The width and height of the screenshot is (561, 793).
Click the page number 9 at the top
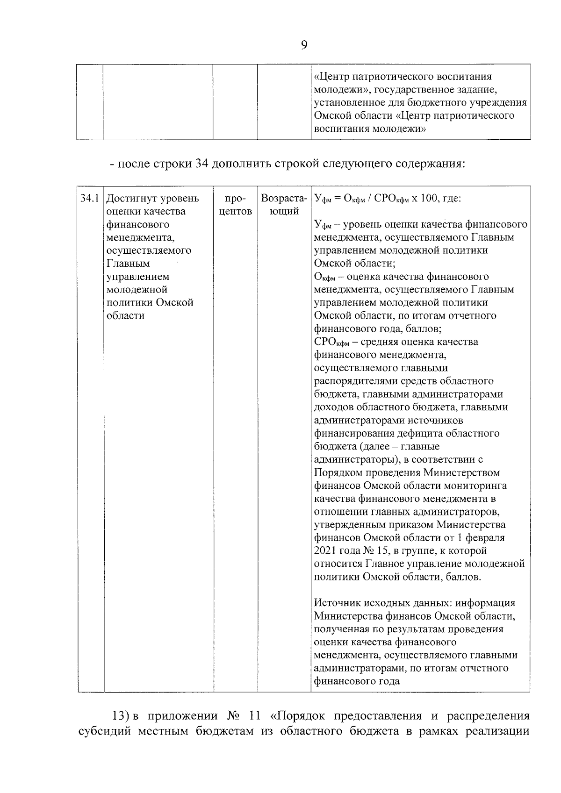coord(304,45)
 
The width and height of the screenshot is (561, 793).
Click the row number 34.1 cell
coord(90,198)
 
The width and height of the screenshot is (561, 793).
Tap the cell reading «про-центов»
coord(236,205)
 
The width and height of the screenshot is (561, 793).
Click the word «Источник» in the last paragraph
coord(336,603)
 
